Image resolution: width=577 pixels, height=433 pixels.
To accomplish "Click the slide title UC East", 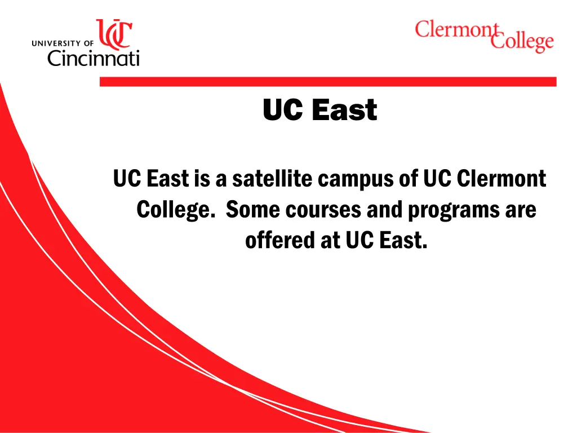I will tap(319, 109).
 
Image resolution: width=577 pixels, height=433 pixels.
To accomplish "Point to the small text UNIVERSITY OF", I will tap(63, 42).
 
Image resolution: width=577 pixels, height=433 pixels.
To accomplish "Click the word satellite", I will tap(272, 179).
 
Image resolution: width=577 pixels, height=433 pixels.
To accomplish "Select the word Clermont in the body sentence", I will tap(501, 179).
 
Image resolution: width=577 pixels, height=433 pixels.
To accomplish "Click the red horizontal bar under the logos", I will tap(327, 82).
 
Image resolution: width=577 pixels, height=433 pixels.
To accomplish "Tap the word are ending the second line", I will tap(521, 210).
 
